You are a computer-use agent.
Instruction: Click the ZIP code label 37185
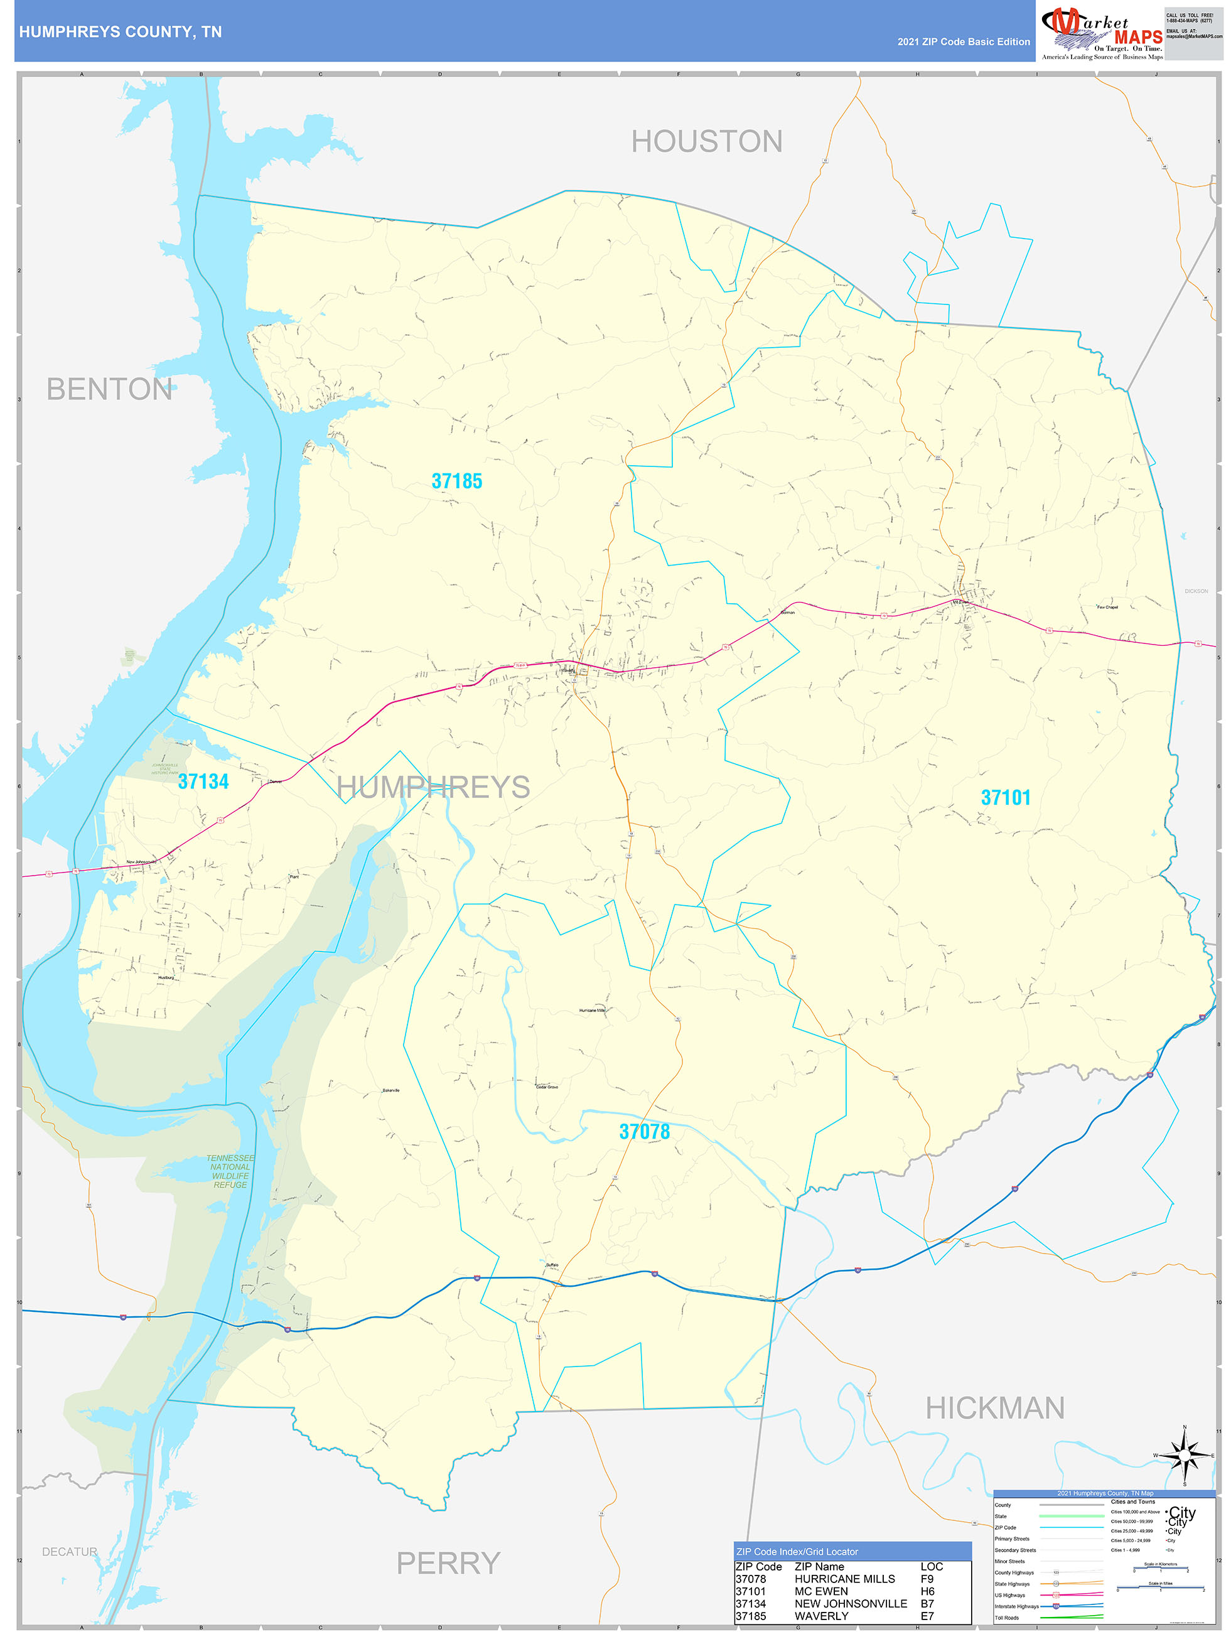point(457,481)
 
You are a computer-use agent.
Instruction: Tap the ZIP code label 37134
point(203,781)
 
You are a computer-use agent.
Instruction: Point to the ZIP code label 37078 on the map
point(644,1131)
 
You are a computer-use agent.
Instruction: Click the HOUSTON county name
point(706,142)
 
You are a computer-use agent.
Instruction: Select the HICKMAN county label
point(995,1408)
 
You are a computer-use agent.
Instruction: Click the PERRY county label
point(448,1563)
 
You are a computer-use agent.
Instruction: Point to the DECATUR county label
point(70,1551)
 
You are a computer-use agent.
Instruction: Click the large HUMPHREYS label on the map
point(433,786)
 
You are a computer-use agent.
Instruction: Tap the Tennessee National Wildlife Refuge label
point(230,1171)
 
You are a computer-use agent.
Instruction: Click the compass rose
point(1185,1455)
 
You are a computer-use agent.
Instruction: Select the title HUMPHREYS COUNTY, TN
point(121,32)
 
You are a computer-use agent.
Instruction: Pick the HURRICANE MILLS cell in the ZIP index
point(844,1578)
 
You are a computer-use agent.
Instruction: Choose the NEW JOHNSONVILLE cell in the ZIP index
point(850,1603)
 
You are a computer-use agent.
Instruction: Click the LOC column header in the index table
point(932,1565)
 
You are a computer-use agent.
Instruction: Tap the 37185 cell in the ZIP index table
point(751,1616)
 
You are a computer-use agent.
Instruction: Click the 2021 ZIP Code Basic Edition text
point(963,42)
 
